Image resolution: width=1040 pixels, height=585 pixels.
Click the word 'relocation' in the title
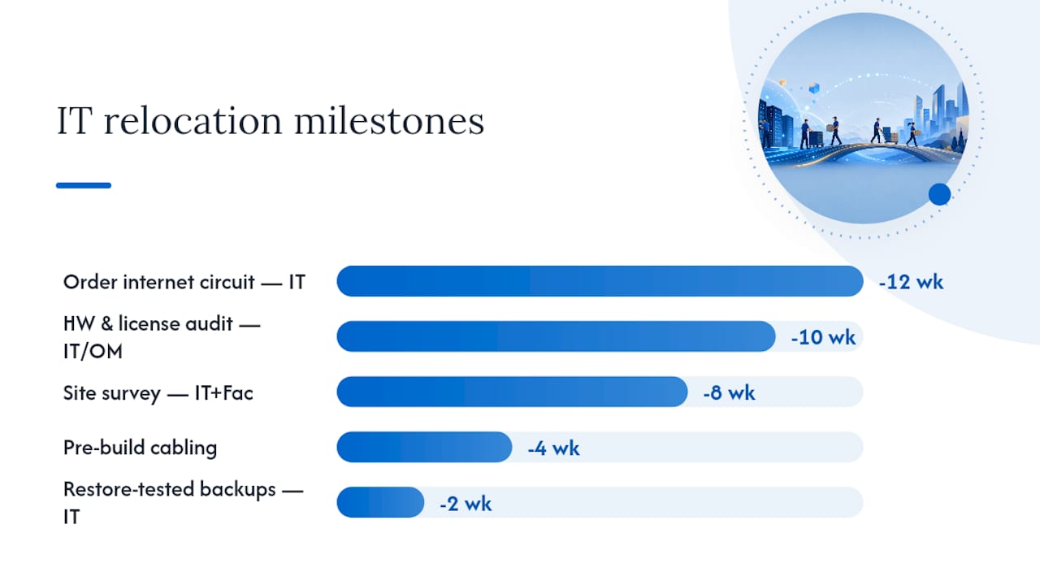pos(193,121)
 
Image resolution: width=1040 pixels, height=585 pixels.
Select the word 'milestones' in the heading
pos(389,121)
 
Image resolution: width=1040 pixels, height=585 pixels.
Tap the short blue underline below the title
pos(84,185)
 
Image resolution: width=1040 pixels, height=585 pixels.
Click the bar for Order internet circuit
pos(600,281)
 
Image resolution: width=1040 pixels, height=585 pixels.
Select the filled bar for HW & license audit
pos(557,336)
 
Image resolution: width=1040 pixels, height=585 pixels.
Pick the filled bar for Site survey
pos(512,392)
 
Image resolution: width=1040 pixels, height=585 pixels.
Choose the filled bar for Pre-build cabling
pos(424,447)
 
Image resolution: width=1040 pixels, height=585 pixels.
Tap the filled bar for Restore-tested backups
pos(380,502)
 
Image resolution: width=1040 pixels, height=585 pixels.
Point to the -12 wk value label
pos(911,282)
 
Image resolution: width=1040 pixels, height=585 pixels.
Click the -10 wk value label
pos(823,337)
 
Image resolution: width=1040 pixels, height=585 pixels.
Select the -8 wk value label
pos(729,392)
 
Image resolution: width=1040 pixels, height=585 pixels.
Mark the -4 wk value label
pos(553,448)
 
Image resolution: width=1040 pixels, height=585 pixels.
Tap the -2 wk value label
pos(466,504)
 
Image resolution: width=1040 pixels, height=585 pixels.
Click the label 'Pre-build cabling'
pos(141,448)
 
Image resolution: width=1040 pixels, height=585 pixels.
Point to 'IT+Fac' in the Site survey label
pos(223,393)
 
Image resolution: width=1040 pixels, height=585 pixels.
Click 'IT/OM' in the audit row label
pos(93,352)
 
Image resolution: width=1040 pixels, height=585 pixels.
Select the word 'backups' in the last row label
pos(238,489)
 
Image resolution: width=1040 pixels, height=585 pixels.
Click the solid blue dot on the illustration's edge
pos(940,194)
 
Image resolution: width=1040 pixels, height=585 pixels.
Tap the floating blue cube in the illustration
pos(814,88)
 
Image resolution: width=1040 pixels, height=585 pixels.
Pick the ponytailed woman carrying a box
pos(912,134)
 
